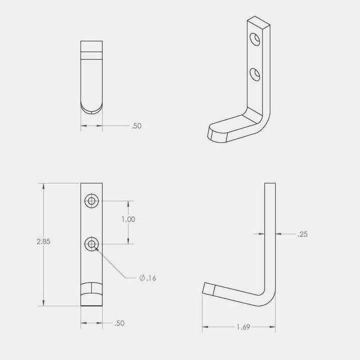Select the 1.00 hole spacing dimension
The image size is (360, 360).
pos(129,219)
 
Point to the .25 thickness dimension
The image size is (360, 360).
pos(302,233)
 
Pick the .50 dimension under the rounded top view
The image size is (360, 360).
pos(136,126)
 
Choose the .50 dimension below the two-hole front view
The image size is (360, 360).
pos(119,323)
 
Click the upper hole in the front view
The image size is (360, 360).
pos(91,201)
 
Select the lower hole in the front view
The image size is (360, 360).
pos(91,244)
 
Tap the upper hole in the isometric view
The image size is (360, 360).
pos(255,38)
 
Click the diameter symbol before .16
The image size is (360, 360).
pos(142,278)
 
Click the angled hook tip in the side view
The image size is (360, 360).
pos(209,289)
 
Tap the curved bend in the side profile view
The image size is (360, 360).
pos(268,297)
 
